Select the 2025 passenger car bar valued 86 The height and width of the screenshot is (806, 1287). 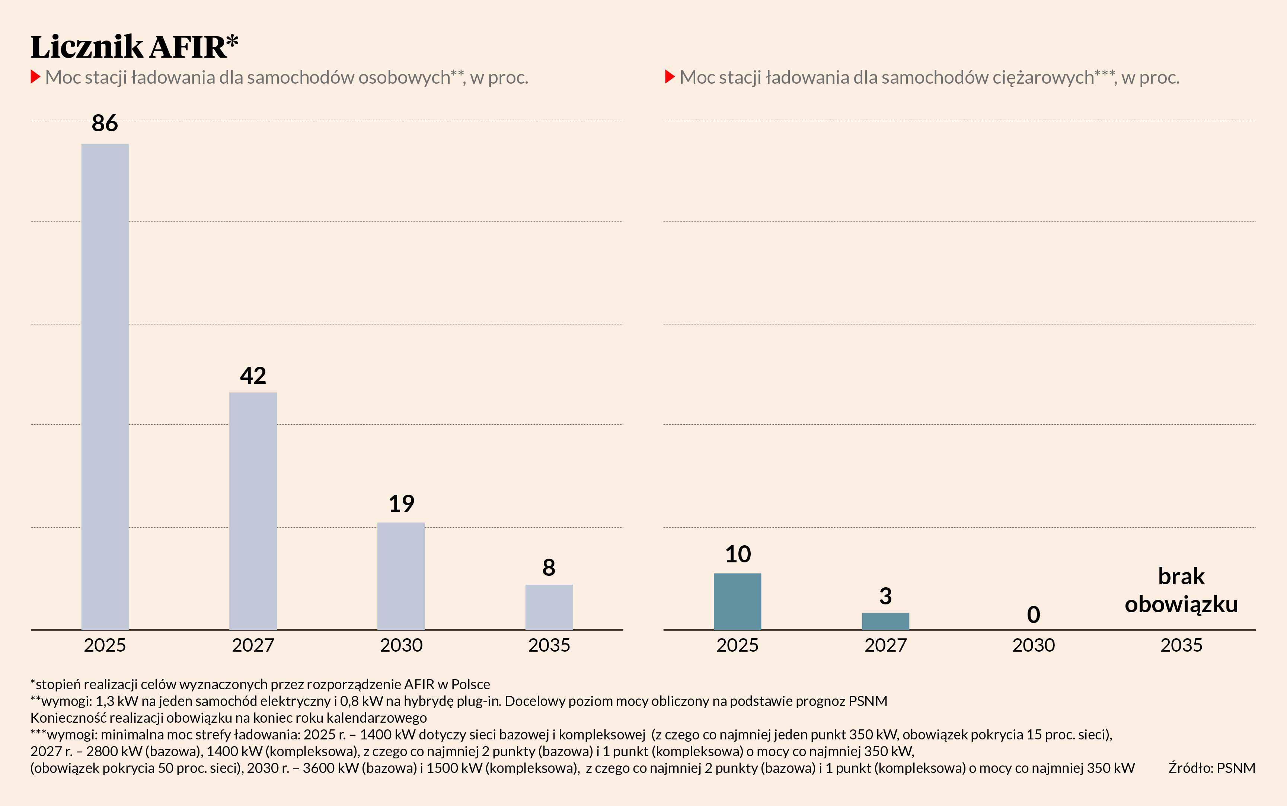(x=105, y=386)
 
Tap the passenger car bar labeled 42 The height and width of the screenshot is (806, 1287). (x=253, y=511)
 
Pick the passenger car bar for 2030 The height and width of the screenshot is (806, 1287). (x=401, y=576)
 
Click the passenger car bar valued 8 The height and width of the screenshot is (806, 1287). (x=549, y=607)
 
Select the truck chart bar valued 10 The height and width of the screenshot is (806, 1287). (x=737, y=601)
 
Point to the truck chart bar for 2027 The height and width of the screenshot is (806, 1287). (x=885, y=621)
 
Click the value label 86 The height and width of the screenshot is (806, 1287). (x=105, y=123)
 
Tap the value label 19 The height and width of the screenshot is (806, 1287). (x=401, y=504)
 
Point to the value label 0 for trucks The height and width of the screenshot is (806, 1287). (x=1033, y=614)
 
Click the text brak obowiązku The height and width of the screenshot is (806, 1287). (x=1181, y=591)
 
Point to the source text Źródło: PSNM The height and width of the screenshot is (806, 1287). (x=1211, y=768)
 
